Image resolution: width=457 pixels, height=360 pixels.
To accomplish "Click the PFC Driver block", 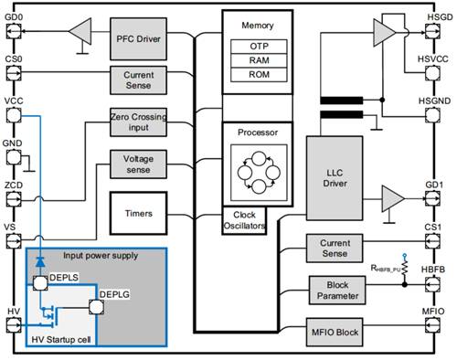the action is click(138, 39).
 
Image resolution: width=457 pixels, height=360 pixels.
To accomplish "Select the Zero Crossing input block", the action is click(138, 122).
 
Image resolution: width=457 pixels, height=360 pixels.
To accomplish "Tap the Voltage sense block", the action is click(138, 164).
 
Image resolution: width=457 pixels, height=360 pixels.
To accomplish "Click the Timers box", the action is click(138, 213).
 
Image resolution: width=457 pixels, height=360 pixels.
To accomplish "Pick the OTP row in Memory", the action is click(259, 47).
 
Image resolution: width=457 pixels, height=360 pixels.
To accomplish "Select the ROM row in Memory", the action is click(259, 75).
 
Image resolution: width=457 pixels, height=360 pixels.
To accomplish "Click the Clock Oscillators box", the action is click(244, 220).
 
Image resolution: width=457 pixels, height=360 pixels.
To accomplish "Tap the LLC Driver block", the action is click(335, 178).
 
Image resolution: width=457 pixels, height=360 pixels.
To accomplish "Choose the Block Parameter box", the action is click(337, 291).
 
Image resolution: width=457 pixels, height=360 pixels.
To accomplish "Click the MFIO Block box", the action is click(335, 333).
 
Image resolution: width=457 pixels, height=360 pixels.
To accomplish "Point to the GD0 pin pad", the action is click(14, 31).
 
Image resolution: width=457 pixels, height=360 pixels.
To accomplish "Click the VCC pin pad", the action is click(14, 115).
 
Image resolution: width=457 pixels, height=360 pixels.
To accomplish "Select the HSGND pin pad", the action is click(432, 115).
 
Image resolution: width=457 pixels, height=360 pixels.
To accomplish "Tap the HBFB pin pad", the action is click(432, 284).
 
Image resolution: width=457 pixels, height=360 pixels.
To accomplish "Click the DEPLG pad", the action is click(96, 307).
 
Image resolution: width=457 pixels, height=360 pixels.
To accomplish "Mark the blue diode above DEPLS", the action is click(40, 261).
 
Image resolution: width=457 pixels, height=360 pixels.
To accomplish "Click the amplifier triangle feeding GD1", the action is click(393, 198).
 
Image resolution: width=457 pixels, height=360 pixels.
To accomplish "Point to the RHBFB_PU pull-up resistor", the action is click(405, 268).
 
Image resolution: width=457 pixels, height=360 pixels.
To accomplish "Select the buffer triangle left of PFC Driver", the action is click(80, 31).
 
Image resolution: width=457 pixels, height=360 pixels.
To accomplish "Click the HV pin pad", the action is click(14, 325).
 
